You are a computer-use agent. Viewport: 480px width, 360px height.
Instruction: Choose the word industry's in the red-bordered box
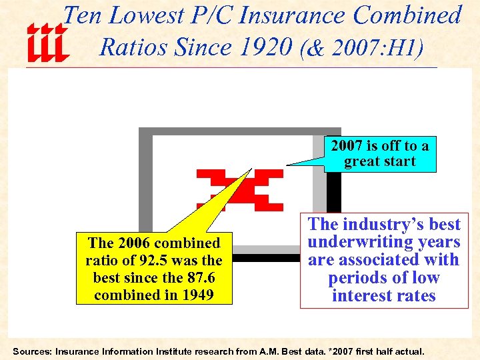coord(390,224)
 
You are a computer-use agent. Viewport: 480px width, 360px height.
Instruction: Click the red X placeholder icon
coord(239,189)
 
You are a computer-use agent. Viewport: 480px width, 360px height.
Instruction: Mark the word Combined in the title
coord(407,15)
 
